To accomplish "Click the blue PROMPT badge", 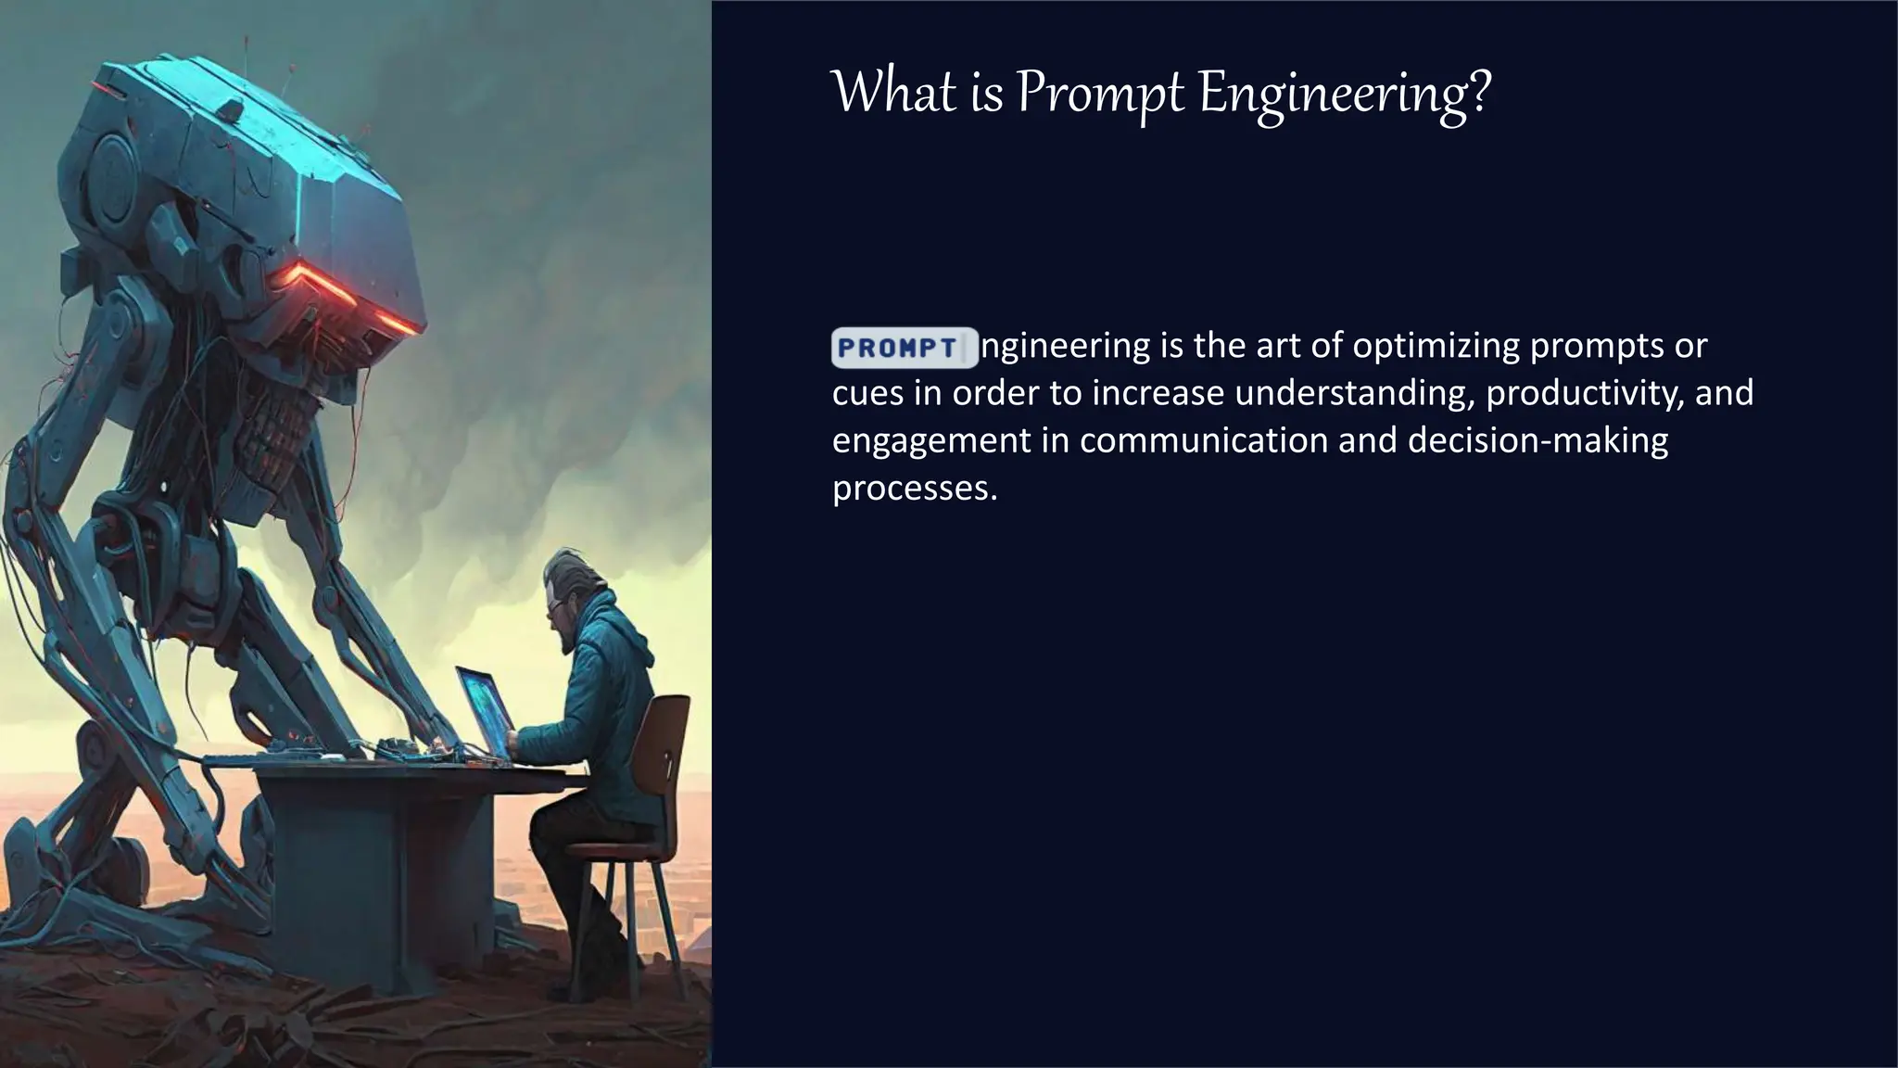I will (x=904, y=348).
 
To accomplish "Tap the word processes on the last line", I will (x=913, y=489).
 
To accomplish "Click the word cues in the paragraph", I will (x=867, y=393).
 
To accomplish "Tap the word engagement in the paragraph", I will (x=930, y=440).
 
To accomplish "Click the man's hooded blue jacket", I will (x=602, y=705).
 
